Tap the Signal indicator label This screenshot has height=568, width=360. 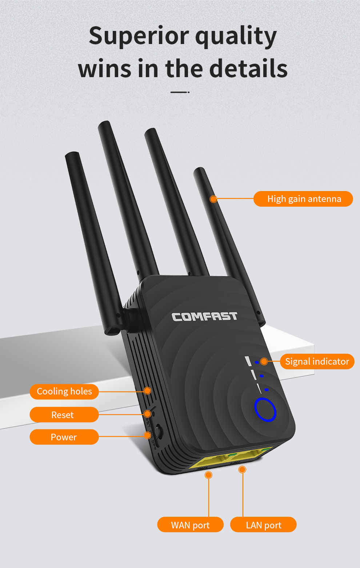pyautogui.click(x=317, y=361)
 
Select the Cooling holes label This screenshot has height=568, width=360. pyautogui.click(x=64, y=392)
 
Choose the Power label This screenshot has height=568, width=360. pyautogui.click(x=64, y=437)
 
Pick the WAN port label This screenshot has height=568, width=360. pyautogui.click(x=190, y=525)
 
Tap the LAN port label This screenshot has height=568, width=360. pyautogui.click(x=263, y=525)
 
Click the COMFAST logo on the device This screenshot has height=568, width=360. pyautogui.click(x=204, y=317)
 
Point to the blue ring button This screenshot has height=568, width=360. pyautogui.click(x=265, y=410)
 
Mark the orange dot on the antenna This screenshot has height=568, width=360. pyautogui.click(x=213, y=199)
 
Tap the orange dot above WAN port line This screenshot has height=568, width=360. pyautogui.click(x=208, y=475)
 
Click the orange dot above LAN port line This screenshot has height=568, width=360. pyautogui.click(x=242, y=470)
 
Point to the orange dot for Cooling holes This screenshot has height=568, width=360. pyautogui.click(x=147, y=391)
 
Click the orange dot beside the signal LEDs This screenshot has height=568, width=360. pyautogui.click(x=264, y=361)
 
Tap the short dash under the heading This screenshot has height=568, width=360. pyautogui.click(x=180, y=92)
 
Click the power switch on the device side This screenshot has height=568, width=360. pyautogui.click(x=159, y=431)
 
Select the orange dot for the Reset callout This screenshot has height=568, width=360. pyautogui.click(x=147, y=414)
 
